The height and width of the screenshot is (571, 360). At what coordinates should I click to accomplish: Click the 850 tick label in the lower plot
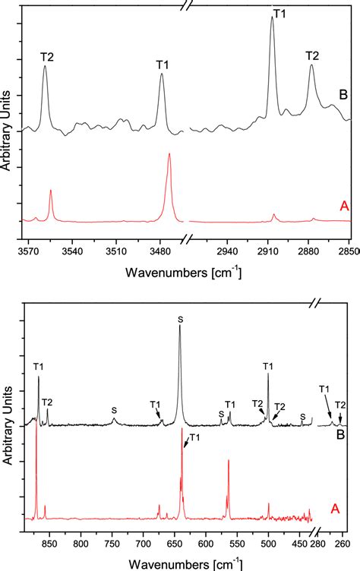point(49,544)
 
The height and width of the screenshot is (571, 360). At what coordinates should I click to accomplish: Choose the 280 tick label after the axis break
point(320,544)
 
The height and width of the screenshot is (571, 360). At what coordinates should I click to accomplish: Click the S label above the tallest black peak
point(180,320)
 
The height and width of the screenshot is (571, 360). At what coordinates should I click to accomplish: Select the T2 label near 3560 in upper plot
point(47,55)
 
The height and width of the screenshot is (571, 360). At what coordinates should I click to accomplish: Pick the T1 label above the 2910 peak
point(278,13)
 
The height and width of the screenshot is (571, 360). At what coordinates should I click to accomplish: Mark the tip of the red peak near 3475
point(169,154)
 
